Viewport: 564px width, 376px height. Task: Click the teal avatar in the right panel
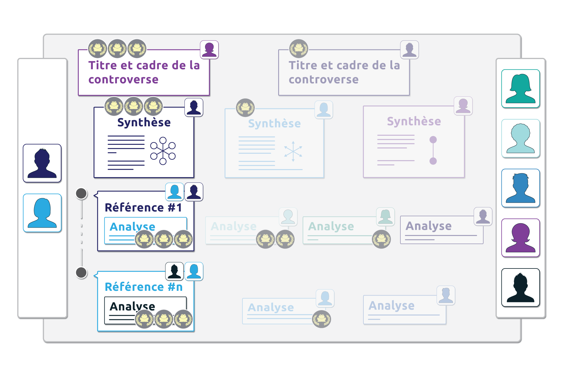coord(520,88)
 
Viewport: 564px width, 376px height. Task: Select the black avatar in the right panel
coord(520,287)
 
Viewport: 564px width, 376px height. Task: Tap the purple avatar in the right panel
coord(520,238)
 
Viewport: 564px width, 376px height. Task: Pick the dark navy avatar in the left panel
coord(42,163)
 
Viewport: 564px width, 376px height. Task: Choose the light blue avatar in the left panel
coord(42,213)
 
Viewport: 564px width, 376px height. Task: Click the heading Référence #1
coord(143,207)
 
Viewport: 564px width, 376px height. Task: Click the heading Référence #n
coord(143,287)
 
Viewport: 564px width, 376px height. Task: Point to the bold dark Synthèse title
coord(144,122)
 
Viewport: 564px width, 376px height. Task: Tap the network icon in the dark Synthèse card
coord(163,150)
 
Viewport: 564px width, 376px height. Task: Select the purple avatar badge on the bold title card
coord(209,49)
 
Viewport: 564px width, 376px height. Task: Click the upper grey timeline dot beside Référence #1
coord(81,194)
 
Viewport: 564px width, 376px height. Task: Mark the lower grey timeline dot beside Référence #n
coord(81,273)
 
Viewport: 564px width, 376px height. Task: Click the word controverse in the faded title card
coord(323,79)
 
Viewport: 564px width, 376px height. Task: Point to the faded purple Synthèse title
coord(414,121)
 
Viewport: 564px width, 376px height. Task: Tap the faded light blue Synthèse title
coord(274,123)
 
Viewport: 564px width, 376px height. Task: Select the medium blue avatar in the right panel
coord(520,188)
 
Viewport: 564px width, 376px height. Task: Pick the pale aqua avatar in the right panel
coord(520,138)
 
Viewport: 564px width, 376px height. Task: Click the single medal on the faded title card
coord(298,48)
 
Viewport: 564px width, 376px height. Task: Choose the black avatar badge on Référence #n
coord(174,271)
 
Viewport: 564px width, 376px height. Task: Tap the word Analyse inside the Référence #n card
coord(132,306)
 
